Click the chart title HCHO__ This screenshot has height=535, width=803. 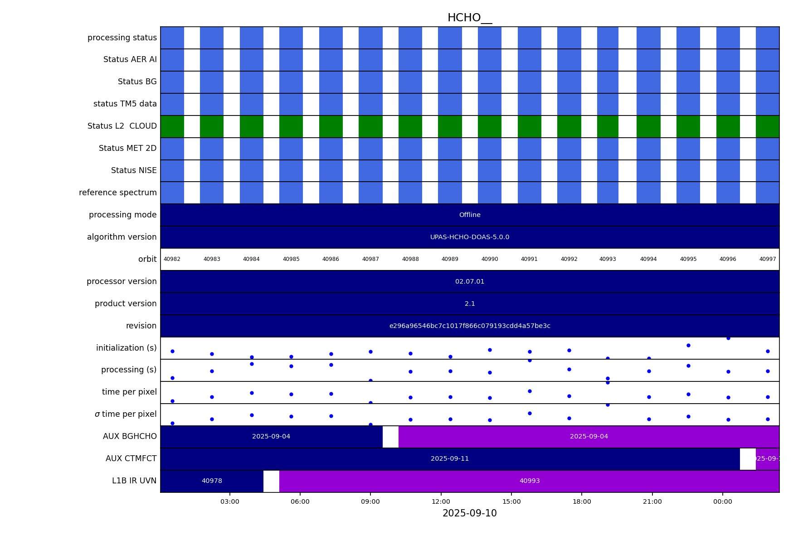pyautogui.click(x=469, y=18)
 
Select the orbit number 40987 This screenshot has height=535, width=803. pyautogui.click(x=370, y=260)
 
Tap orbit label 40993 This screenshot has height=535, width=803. pyautogui.click(x=608, y=260)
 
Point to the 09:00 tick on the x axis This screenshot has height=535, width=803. pyautogui.click(x=370, y=501)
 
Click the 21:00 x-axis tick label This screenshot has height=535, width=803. pyautogui.click(x=652, y=501)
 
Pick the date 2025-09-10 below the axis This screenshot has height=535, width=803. pyautogui.click(x=469, y=514)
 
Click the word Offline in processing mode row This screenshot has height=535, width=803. pyautogui.click(x=469, y=215)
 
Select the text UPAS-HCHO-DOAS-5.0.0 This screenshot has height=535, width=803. pyautogui.click(x=469, y=237)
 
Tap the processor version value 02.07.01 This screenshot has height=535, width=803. pyautogui.click(x=469, y=282)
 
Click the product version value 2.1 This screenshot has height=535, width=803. pyautogui.click(x=469, y=304)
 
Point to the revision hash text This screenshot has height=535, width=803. pyautogui.click(x=469, y=326)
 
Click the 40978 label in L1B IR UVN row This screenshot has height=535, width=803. pyautogui.click(x=212, y=481)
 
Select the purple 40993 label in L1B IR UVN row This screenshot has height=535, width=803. pyautogui.click(x=529, y=481)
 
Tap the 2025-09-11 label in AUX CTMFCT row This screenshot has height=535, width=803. pyautogui.click(x=449, y=459)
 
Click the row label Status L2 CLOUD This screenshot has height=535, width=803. pyautogui.click(x=122, y=126)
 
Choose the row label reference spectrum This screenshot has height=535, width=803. pyautogui.click(x=117, y=193)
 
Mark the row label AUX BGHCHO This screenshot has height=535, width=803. pyautogui.click(x=130, y=437)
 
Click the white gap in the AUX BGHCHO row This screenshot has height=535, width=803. pyautogui.click(x=390, y=437)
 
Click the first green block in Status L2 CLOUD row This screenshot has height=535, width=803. pyautogui.click(x=172, y=126)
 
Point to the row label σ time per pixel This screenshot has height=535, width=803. pyautogui.click(x=126, y=415)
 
